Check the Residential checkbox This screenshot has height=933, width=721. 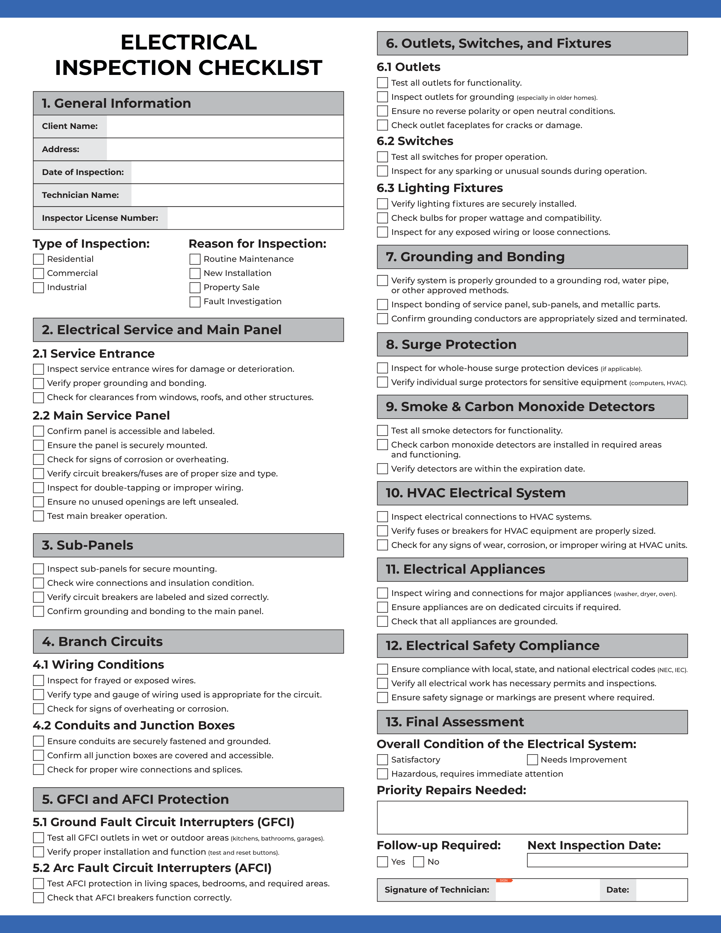tap(38, 259)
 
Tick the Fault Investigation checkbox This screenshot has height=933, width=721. tap(195, 302)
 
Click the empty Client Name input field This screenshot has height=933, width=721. tap(225, 126)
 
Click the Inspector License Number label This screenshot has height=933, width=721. tap(100, 218)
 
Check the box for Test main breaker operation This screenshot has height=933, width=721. tap(38, 516)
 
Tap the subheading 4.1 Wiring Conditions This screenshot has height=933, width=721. tap(98, 664)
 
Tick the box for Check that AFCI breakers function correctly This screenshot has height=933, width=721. tap(38, 898)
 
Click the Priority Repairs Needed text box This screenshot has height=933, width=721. tap(532, 817)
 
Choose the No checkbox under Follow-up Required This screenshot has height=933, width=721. tap(418, 862)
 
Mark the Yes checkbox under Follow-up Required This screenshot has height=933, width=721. tap(382, 862)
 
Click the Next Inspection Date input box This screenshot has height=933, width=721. tap(607, 860)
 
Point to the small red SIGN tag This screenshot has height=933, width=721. tap(504, 880)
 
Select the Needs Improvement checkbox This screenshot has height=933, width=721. tap(532, 760)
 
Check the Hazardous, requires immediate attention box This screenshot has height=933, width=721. tap(382, 774)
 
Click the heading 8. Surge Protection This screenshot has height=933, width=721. tap(451, 344)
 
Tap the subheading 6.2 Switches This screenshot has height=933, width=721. tap(415, 141)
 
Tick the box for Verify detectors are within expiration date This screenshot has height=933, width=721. tap(382, 469)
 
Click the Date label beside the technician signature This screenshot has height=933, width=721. tap(617, 890)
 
